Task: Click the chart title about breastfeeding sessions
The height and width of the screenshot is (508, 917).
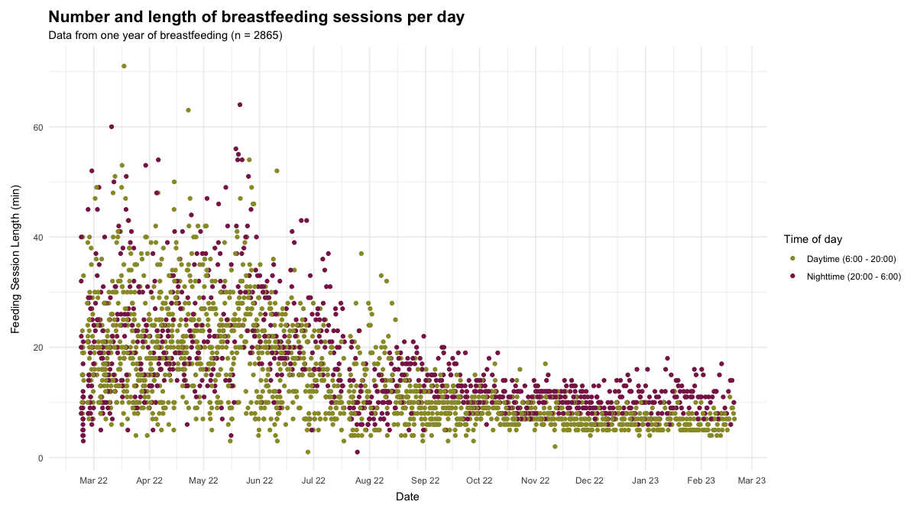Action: [x=256, y=17]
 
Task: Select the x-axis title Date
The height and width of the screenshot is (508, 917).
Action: [x=407, y=497]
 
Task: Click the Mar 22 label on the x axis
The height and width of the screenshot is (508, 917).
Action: [x=94, y=480]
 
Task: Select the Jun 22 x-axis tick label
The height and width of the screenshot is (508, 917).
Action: [x=259, y=480]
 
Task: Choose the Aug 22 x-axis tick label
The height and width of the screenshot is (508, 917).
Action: [x=369, y=480]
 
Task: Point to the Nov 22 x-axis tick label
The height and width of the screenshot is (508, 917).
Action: [x=535, y=480]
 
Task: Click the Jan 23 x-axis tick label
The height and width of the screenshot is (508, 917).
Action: [x=645, y=480]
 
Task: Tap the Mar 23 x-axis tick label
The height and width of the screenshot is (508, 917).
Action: [x=751, y=480]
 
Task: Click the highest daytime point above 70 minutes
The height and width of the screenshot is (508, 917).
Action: [x=124, y=66]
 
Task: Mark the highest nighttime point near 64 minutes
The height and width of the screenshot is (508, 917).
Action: [x=240, y=105]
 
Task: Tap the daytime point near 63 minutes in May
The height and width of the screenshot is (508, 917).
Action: [x=188, y=110]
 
